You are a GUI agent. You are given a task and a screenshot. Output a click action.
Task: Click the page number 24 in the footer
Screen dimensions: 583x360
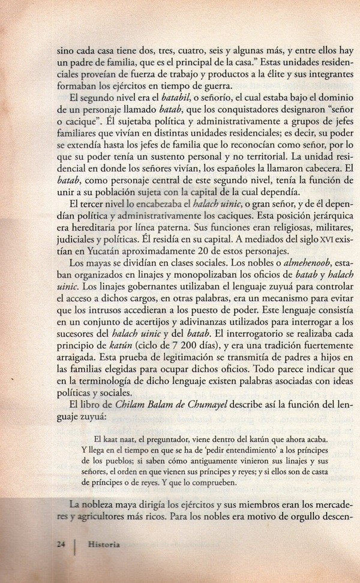(59, 545)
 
